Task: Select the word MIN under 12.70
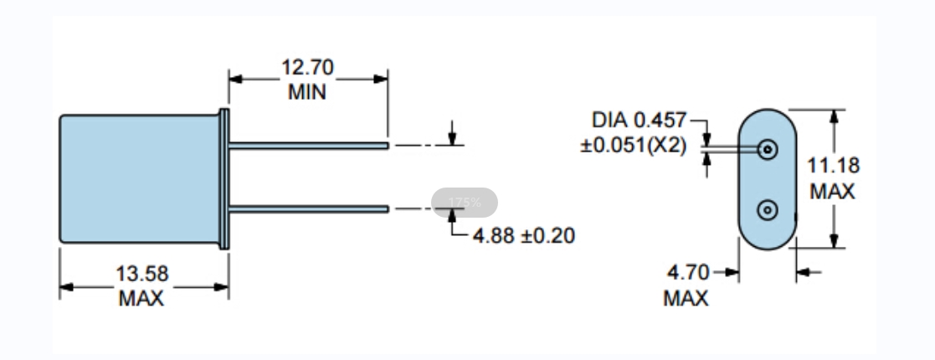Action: pyautogui.click(x=307, y=92)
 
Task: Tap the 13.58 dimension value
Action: pyautogui.click(x=142, y=274)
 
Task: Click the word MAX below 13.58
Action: pyautogui.click(x=141, y=298)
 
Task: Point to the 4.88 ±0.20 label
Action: pyautogui.click(x=524, y=235)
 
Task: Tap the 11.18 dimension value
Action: pyautogui.click(x=834, y=166)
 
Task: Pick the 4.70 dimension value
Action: pyautogui.click(x=688, y=272)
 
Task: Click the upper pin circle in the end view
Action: pyautogui.click(x=767, y=149)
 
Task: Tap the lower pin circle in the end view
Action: pyautogui.click(x=767, y=209)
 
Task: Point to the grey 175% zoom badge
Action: pyautogui.click(x=465, y=203)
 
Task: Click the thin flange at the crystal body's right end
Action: pyautogui.click(x=223, y=178)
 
